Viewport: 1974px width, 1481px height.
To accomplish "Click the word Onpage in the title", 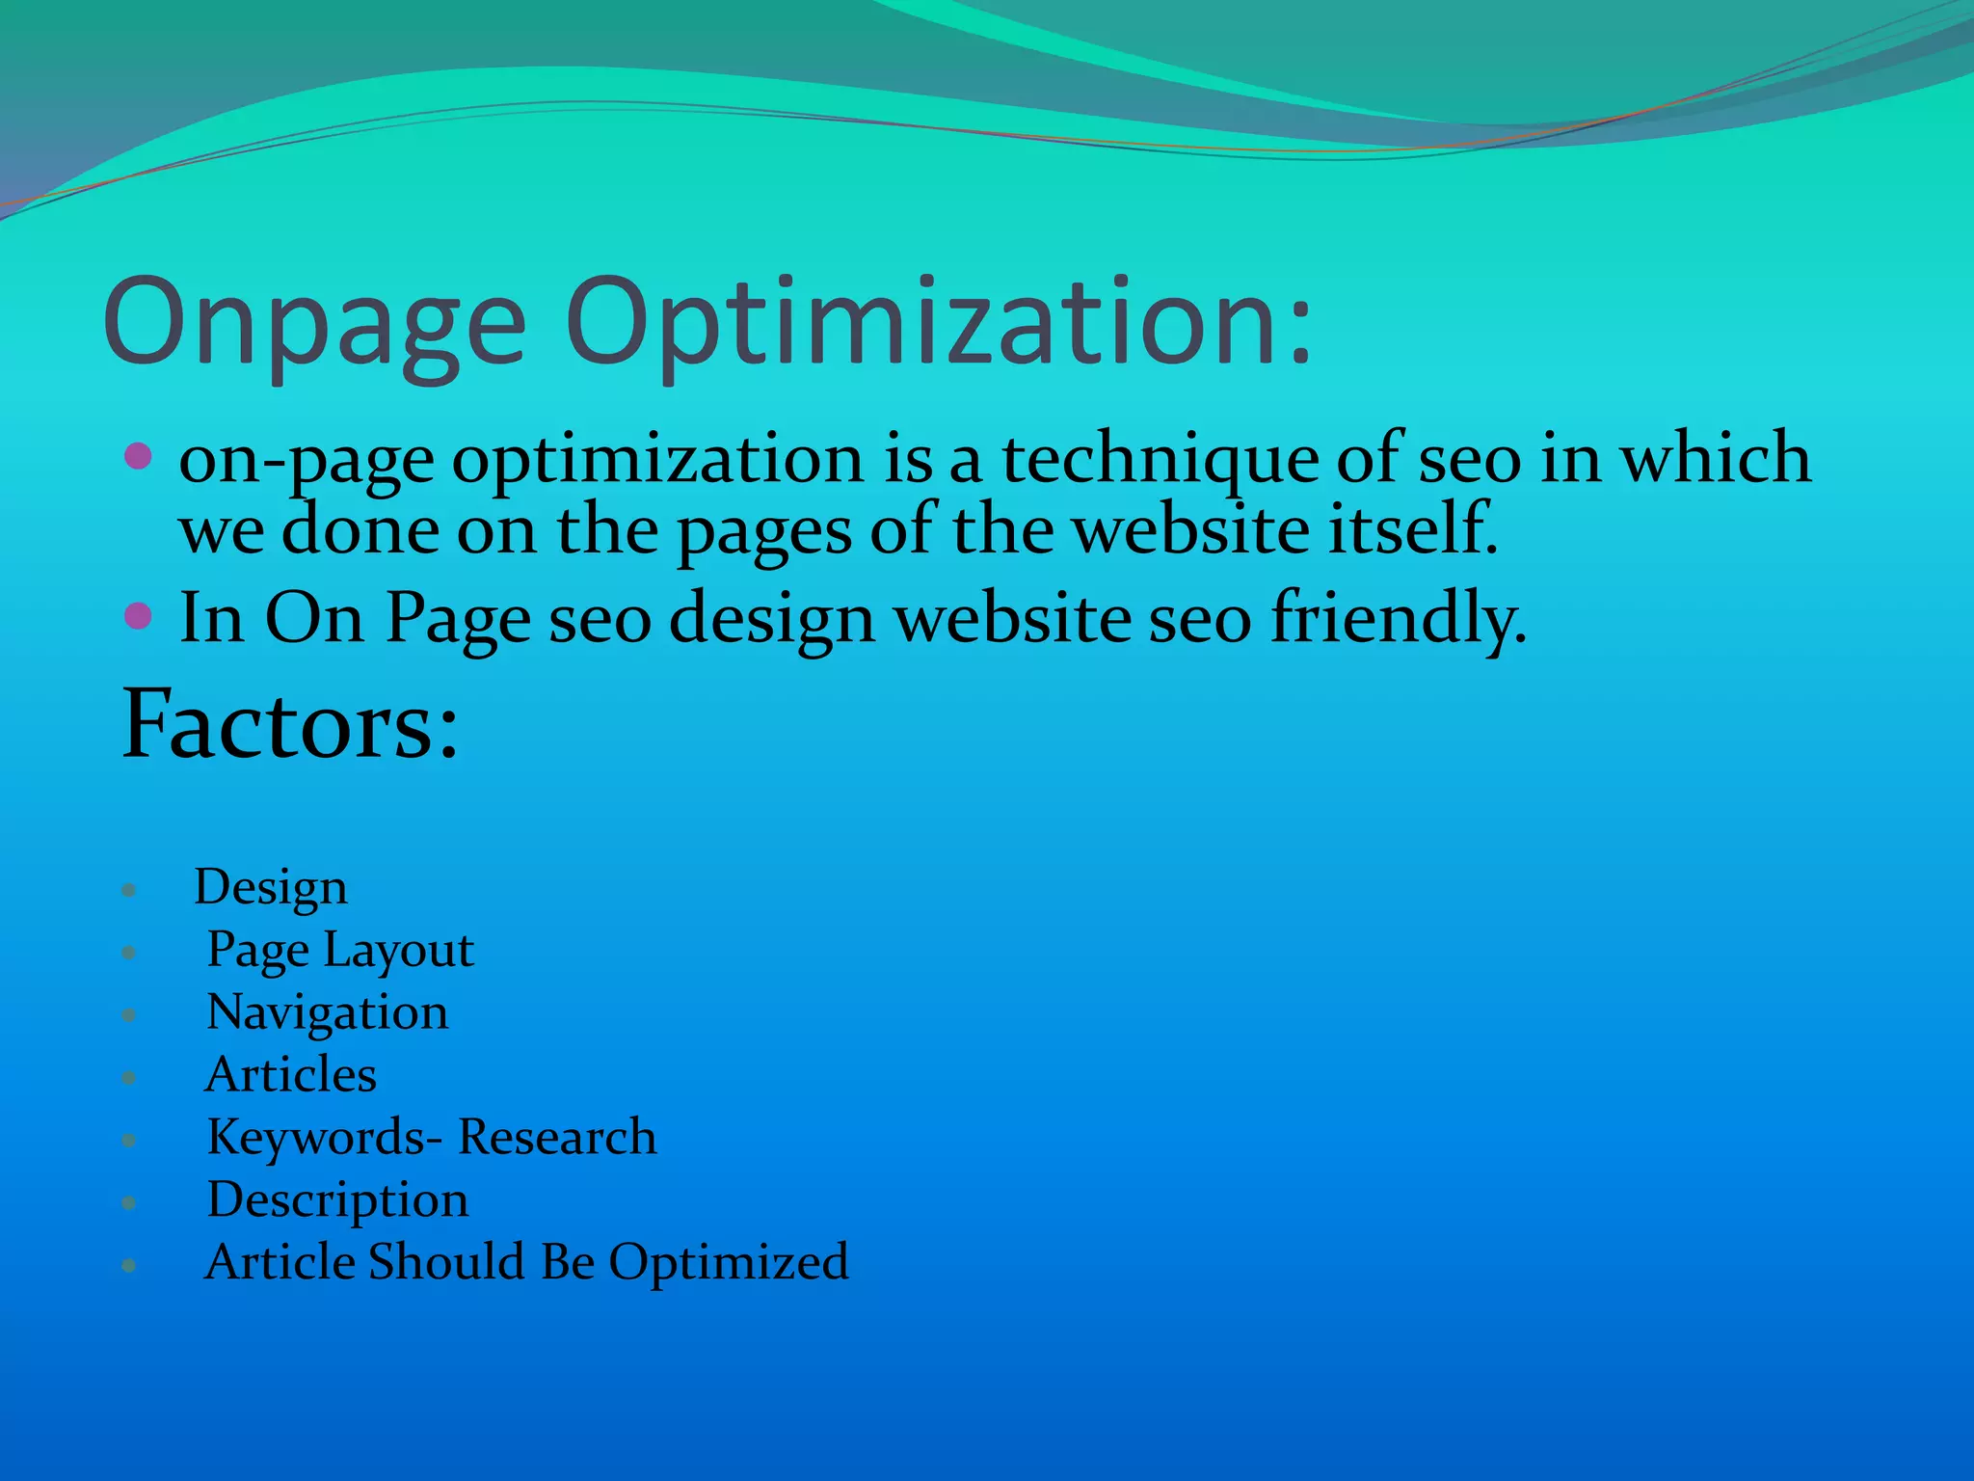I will click(x=314, y=323).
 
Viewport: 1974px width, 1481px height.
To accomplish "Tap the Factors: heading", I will click(x=289, y=725).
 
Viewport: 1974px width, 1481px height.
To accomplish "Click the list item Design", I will click(x=270, y=887).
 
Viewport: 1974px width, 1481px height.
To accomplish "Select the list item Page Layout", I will click(x=340, y=951).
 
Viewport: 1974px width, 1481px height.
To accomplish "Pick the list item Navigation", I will click(x=328, y=1012).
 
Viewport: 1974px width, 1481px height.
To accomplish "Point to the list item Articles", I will click(x=290, y=1075).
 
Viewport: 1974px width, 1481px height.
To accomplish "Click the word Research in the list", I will click(x=557, y=1138).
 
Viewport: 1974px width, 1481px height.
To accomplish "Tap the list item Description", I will click(x=337, y=1200).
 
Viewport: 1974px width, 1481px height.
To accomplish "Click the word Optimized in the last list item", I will click(x=729, y=1262).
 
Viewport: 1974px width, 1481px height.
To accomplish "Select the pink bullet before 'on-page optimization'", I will click(x=139, y=456).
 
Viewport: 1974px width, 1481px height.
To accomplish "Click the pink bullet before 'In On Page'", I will click(x=139, y=615).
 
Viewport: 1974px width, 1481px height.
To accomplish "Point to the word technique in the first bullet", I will click(x=1160, y=460).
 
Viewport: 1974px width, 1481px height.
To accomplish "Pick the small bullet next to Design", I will click(x=129, y=890).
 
